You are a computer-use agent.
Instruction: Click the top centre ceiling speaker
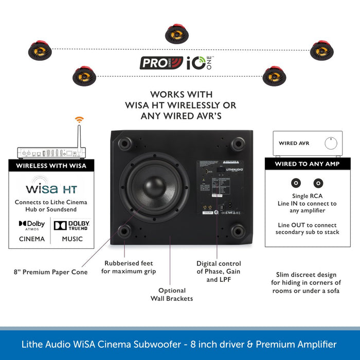point(177,34)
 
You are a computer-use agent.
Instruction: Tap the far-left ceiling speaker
point(40,51)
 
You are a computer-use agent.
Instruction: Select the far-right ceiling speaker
point(322,50)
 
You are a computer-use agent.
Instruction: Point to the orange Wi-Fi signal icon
point(79,120)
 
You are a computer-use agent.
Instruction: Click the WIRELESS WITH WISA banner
point(51,166)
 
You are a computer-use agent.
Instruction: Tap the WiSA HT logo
point(51,188)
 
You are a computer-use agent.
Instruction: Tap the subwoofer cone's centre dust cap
point(154,187)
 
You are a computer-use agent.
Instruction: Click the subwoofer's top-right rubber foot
point(238,143)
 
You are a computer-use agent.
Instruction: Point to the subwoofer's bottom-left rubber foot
point(124,231)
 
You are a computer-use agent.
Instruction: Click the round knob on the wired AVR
point(331,143)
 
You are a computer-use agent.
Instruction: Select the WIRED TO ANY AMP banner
point(308,164)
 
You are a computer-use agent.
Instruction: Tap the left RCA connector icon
point(296,183)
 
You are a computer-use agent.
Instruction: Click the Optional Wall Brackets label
point(172,295)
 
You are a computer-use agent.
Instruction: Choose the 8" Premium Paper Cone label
point(51,272)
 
